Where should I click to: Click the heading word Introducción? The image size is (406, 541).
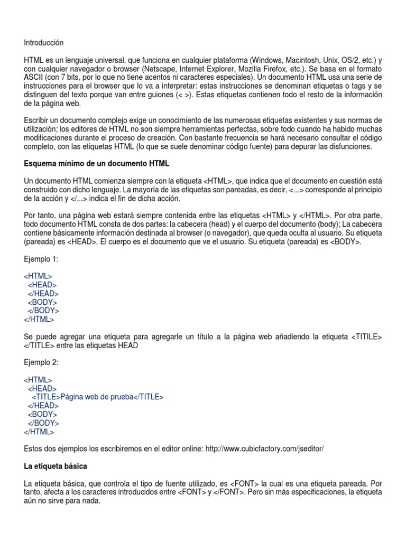44,43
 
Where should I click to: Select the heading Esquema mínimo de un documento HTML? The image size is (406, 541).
97,164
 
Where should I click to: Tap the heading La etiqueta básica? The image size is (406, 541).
56,467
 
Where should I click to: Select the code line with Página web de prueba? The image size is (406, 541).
98,397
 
